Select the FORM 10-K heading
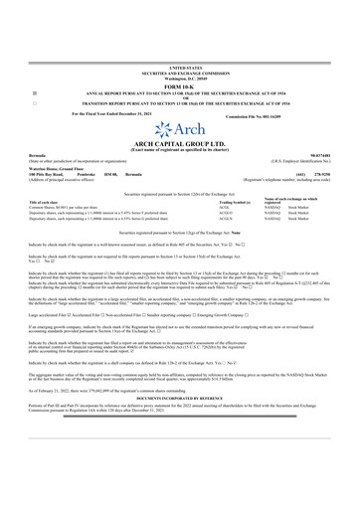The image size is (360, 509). coord(179,82)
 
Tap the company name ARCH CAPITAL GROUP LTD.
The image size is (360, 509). coord(179,145)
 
